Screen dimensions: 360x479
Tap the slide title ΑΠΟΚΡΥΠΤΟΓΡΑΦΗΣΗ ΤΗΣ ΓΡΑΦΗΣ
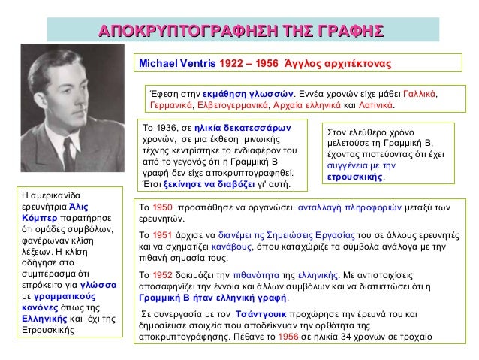coord(241,30)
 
